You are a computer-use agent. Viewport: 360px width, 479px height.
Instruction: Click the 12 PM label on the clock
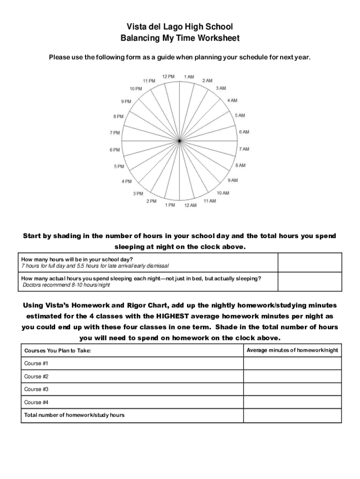click(x=168, y=76)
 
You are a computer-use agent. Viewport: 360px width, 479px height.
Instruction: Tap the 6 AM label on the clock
click(x=244, y=132)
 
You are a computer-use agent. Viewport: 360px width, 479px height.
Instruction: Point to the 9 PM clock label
click(x=126, y=102)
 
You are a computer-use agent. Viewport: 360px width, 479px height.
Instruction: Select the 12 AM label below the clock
click(x=190, y=205)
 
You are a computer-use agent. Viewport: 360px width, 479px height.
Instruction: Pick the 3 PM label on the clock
click(x=138, y=193)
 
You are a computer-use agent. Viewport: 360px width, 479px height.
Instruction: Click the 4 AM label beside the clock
click(x=232, y=101)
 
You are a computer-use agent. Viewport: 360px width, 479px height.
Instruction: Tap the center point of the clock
click(x=180, y=141)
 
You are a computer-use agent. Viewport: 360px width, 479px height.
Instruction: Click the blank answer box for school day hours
click(x=310, y=262)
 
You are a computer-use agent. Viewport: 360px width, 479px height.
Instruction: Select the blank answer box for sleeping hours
click(x=310, y=282)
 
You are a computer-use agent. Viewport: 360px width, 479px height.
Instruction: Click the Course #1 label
click(x=36, y=363)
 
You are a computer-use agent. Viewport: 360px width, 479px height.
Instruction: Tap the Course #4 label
click(x=36, y=402)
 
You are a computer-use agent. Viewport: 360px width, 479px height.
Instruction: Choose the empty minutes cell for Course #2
click(x=292, y=377)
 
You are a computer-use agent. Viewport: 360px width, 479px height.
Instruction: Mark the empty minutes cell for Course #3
click(x=292, y=389)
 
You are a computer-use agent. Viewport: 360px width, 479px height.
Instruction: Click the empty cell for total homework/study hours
click(x=292, y=415)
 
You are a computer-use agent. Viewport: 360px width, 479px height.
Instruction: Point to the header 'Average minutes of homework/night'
click(x=292, y=350)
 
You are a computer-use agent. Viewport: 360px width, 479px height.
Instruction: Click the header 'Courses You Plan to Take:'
click(x=58, y=350)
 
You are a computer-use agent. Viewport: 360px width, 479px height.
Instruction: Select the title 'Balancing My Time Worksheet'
click(x=180, y=38)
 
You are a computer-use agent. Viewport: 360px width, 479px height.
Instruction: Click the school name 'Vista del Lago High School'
click(x=180, y=27)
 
